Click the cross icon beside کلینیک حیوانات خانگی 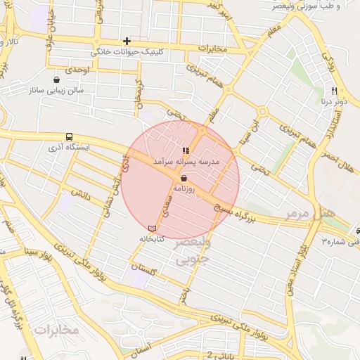click(x=127, y=41)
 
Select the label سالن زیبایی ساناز click(x=56, y=91)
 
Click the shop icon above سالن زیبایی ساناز click(x=56, y=79)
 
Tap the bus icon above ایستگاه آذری click(x=69, y=136)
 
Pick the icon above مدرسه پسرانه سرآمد click(x=186, y=150)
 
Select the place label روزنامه click(x=192, y=188)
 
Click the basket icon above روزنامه click(x=184, y=179)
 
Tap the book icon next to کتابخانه click(x=152, y=229)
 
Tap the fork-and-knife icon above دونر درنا click(x=334, y=91)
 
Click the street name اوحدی click(x=79, y=71)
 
